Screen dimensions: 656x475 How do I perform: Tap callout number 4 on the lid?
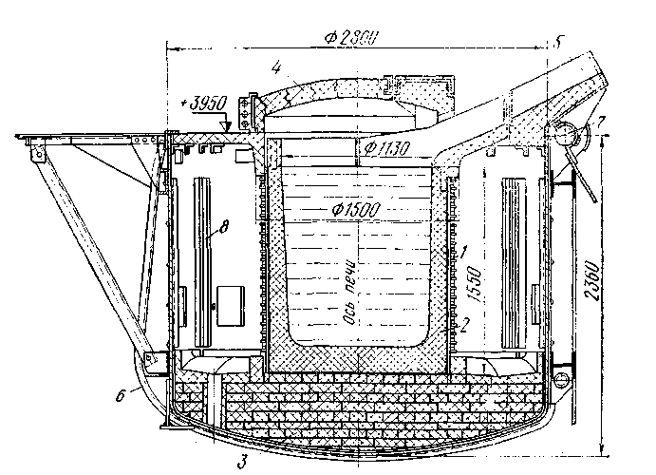pyautogui.click(x=273, y=66)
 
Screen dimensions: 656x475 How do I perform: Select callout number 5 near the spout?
pyautogui.click(x=559, y=42)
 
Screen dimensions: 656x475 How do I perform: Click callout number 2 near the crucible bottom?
pyautogui.click(x=465, y=321)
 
